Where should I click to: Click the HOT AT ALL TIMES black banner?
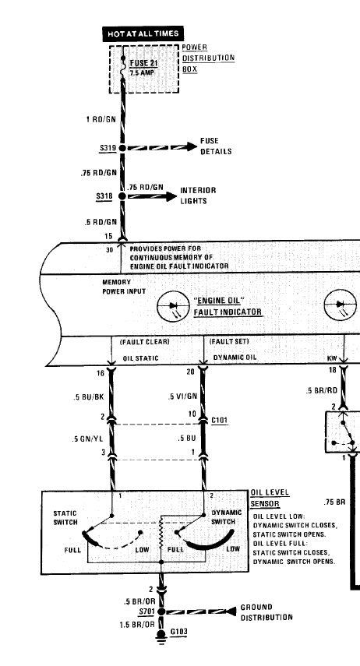coord(143,34)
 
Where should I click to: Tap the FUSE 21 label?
coord(139,63)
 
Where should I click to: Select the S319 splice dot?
coord(122,148)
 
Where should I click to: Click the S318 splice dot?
coord(122,196)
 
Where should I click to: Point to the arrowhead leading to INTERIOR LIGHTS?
coord(171,196)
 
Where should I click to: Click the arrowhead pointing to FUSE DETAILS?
coord(192,147)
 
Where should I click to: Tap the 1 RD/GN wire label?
coord(101,119)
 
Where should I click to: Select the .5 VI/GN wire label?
coord(182,396)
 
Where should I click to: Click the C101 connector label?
coord(219,421)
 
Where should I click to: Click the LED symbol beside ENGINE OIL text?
coord(173,305)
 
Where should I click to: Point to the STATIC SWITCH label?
coord(65,518)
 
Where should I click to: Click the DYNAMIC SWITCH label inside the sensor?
coord(227,517)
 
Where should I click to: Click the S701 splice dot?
coord(161,611)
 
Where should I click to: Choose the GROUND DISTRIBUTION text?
coord(266,612)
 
